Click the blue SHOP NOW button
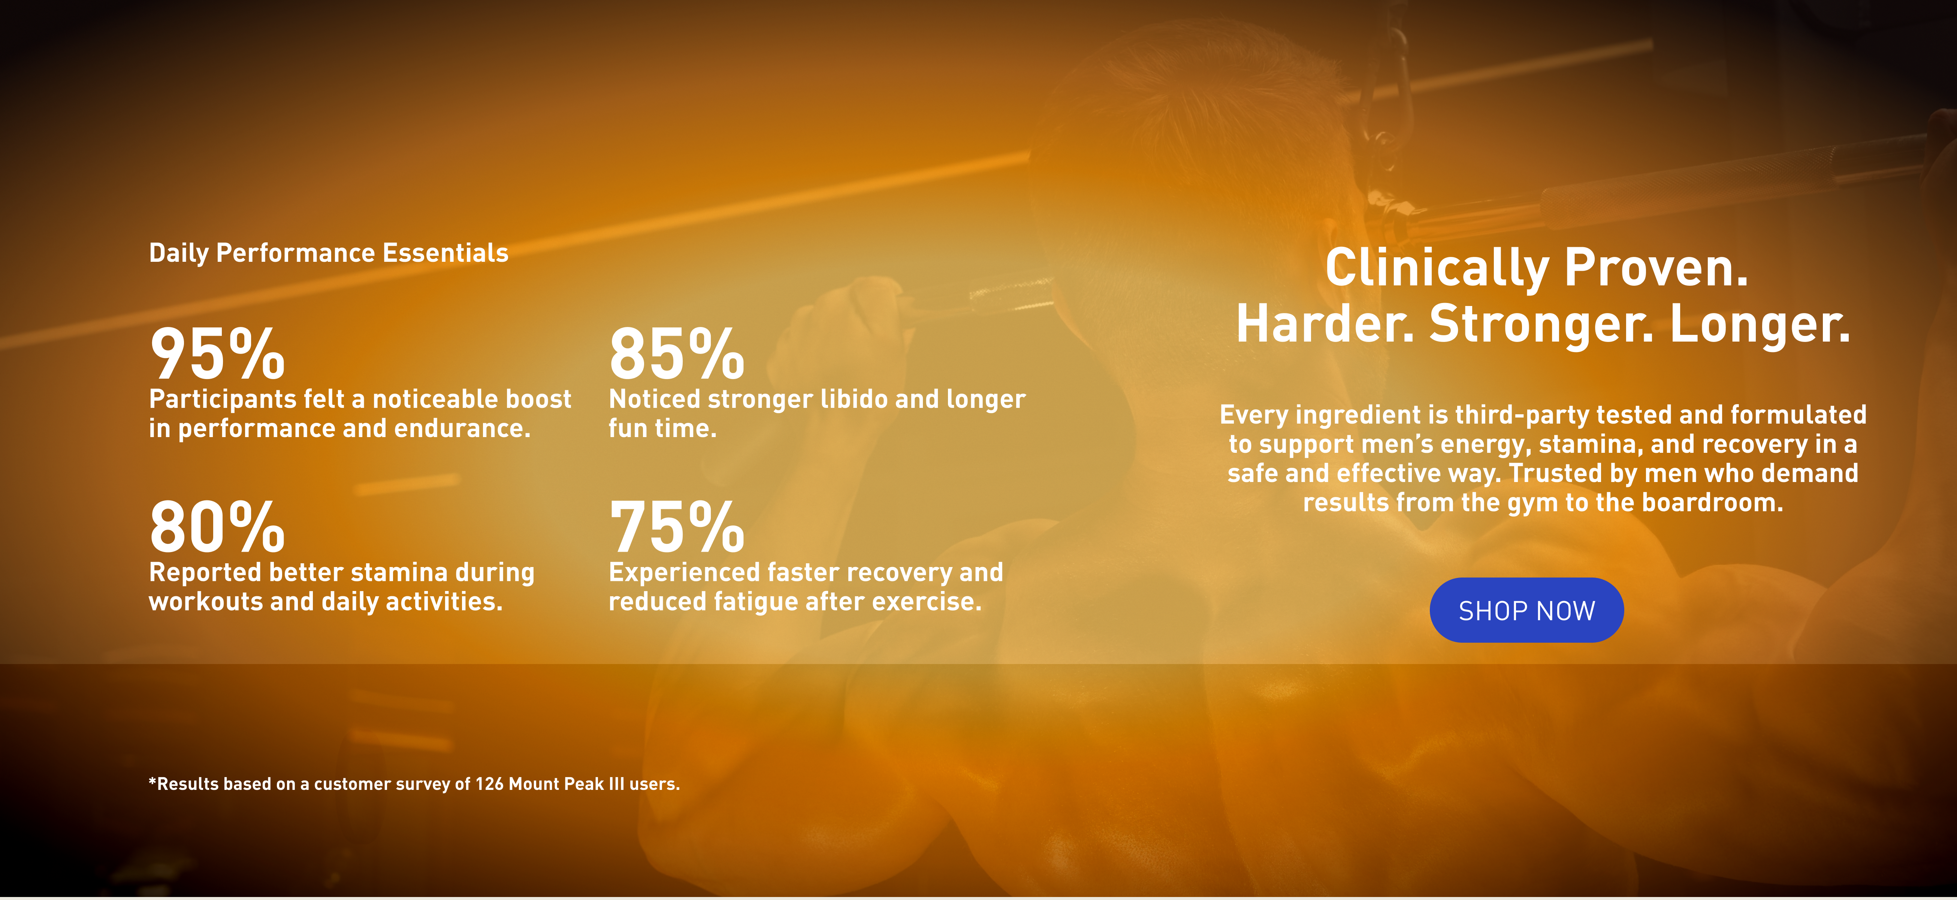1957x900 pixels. click(1526, 610)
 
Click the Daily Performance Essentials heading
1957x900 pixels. click(328, 253)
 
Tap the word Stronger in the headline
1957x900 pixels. click(1541, 324)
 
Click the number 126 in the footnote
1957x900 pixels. click(489, 784)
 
